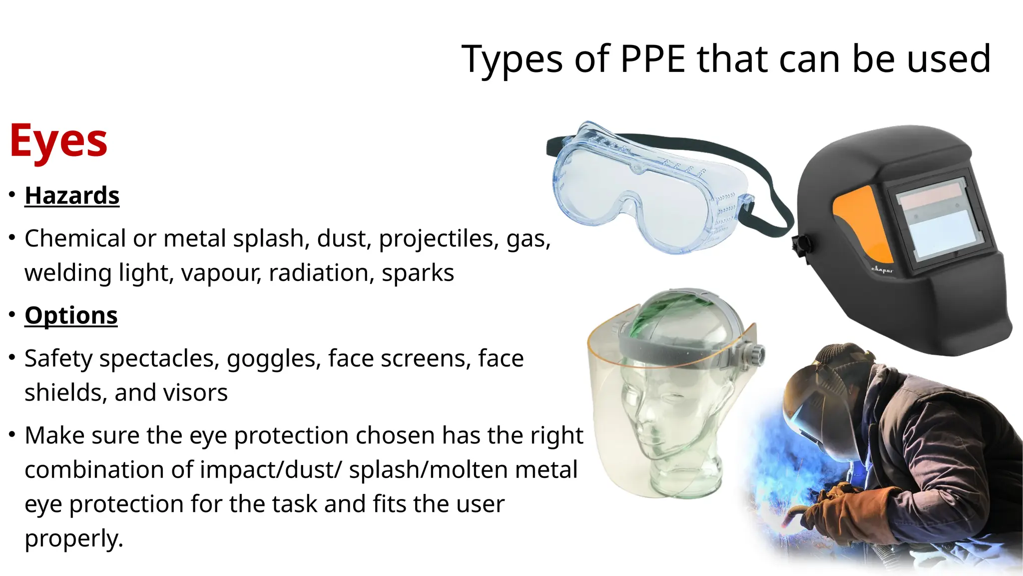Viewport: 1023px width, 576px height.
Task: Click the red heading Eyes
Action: [58, 141]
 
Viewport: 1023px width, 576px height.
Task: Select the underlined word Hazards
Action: [72, 195]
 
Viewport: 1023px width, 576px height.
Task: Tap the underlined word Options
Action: [71, 315]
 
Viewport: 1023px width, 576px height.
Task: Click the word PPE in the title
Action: [652, 59]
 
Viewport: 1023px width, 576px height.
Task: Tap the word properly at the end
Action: [73, 538]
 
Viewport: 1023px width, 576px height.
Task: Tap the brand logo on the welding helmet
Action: [882, 269]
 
